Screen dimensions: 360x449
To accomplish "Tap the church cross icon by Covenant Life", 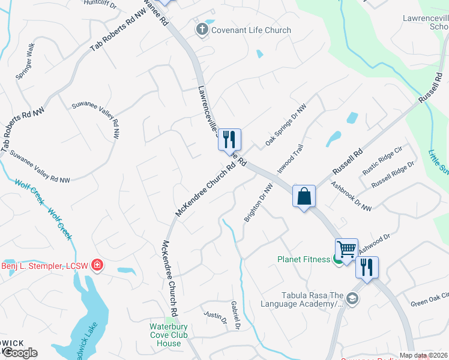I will (x=202, y=29).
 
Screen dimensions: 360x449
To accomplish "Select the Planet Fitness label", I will (x=303, y=260).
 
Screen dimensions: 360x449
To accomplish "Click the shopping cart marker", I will (x=346, y=249).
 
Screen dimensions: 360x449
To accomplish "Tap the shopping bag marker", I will (x=304, y=196).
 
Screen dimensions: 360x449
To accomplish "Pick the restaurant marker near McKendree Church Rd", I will (x=229, y=140).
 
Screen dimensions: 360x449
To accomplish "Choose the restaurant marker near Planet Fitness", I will (x=367, y=266).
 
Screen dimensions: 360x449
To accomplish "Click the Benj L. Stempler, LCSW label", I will (x=45, y=266).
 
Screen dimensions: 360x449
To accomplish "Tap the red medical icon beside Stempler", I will (x=97, y=265).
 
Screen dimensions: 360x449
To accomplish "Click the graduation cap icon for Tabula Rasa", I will (x=353, y=298).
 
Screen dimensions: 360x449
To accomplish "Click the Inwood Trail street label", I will (x=291, y=158).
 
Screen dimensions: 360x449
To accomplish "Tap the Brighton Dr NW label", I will (x=259, y=203).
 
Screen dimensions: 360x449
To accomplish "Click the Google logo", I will (x=20, y=353).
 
